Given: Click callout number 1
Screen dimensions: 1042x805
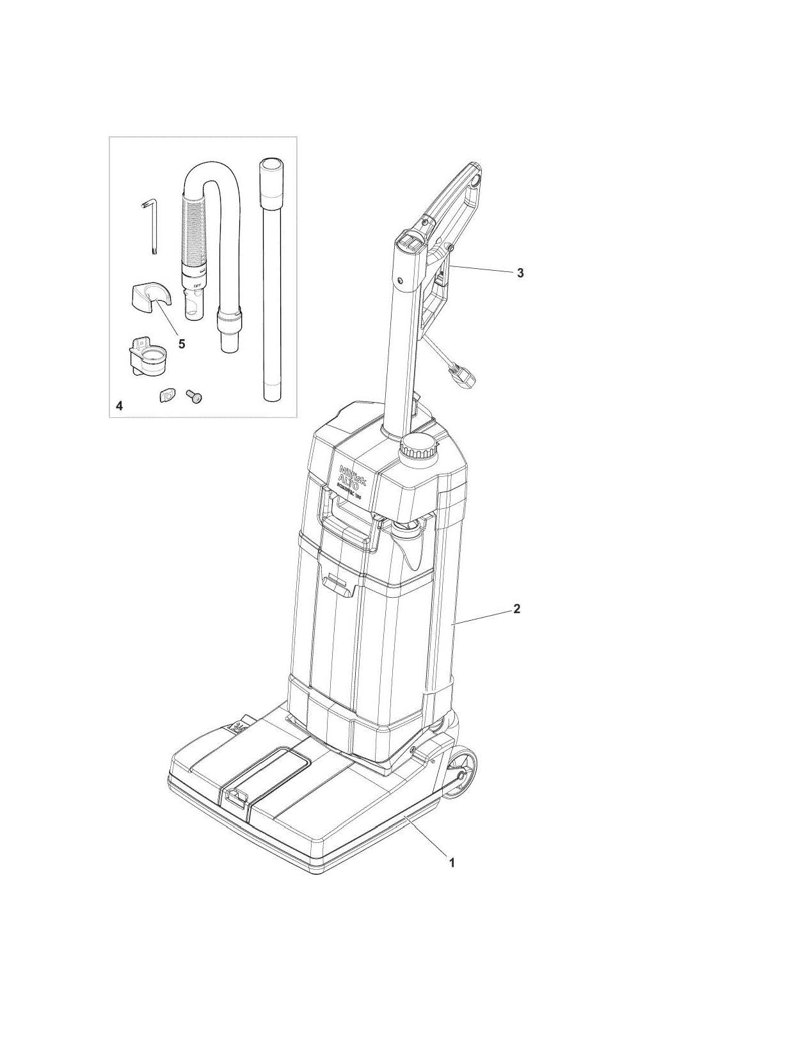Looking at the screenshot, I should click(452, 862).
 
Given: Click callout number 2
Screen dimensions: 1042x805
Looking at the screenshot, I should click(517, 609).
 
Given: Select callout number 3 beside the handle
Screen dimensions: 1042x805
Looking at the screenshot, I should click(520, 273).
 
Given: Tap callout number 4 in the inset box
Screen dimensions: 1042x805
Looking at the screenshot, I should click(119, 406).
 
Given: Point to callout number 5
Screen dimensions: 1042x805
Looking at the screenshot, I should click(182, 344).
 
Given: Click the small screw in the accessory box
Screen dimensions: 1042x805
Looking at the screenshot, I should click(192, 397).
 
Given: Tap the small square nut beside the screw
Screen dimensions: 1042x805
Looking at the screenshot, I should click(166, 396).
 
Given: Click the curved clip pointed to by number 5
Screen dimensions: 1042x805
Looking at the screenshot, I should click(151, 298).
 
